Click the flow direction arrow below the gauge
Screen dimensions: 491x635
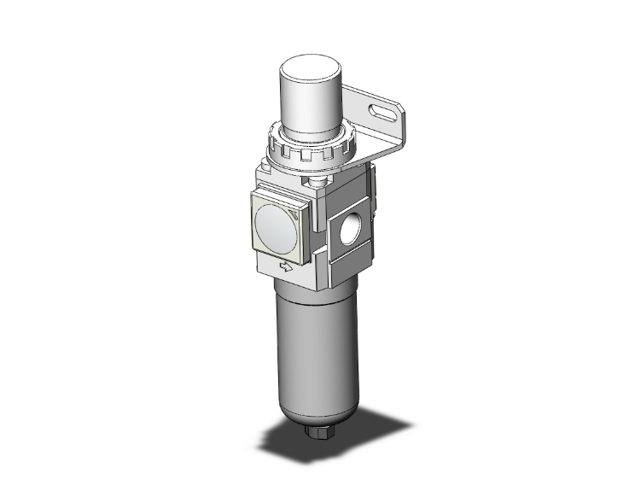(x=287, y=267)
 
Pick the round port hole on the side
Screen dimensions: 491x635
(x=350, y=231)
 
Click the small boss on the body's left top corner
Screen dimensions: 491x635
(x=262, y=176)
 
